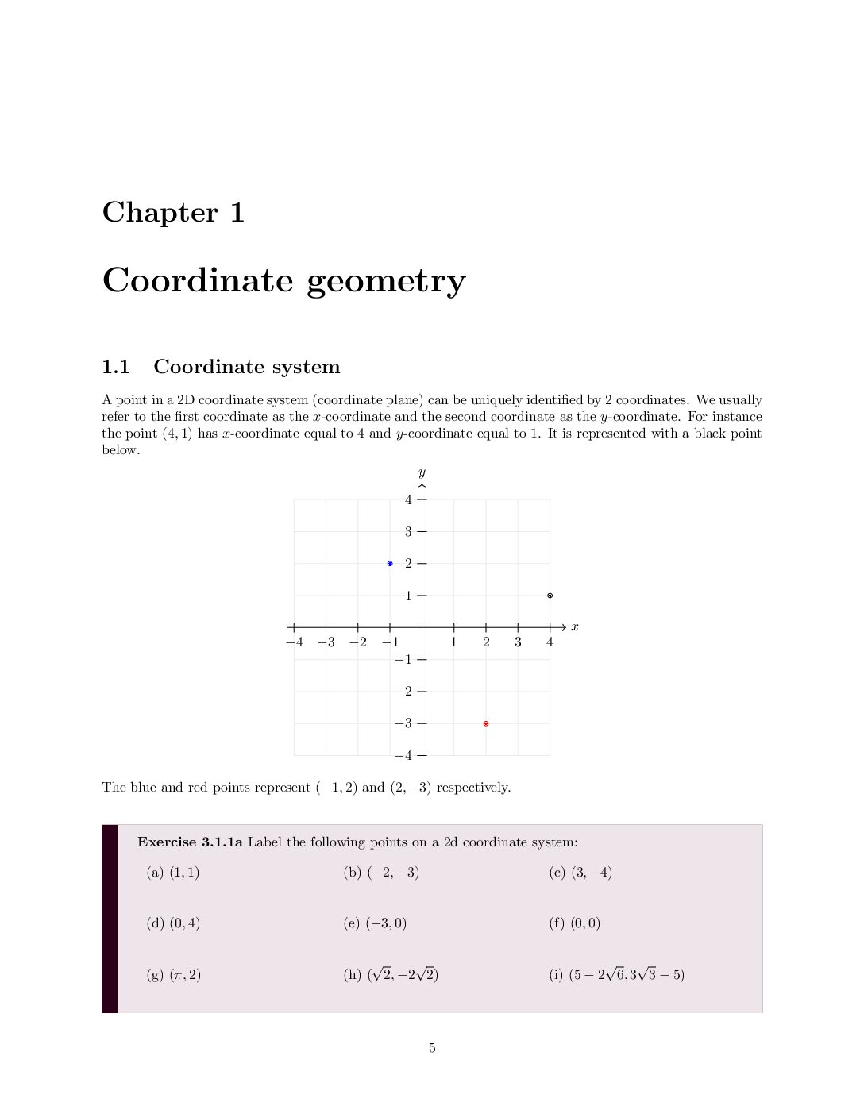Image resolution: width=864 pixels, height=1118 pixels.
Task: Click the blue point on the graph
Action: (x=390, y=564)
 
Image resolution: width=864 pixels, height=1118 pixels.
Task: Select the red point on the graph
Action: (x=486, y=723)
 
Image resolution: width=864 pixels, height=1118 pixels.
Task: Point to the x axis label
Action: (x=574, y=627)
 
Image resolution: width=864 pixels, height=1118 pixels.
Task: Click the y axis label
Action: (x=422, y=473)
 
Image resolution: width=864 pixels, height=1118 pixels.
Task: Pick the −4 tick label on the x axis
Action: (x=294, y=642)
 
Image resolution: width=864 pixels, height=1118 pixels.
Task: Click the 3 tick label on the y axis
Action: (x=408, y=531)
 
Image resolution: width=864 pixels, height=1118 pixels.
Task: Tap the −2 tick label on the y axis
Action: (x=404, y=692)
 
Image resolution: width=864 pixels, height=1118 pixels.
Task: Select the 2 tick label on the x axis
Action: (x=486, y=642)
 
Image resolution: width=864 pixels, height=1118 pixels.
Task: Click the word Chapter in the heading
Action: (x=160, y=212)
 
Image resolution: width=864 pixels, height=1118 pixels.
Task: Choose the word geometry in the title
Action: (x=386, y=281)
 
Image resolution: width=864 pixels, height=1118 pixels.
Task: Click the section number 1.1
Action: (x=116, y=367)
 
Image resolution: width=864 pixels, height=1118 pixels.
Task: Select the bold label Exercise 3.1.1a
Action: (x=190, y=842)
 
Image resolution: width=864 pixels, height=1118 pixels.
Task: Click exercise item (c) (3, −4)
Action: (x=580, y=873)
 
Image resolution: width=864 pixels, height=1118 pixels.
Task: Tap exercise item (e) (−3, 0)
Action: (x=375, y=923)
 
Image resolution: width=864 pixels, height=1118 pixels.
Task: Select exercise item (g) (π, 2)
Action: (x=174, y=975)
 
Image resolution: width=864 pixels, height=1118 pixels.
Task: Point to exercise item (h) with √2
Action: (x=391, y=975)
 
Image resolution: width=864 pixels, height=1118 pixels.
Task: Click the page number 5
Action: (x=432, y=1048)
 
